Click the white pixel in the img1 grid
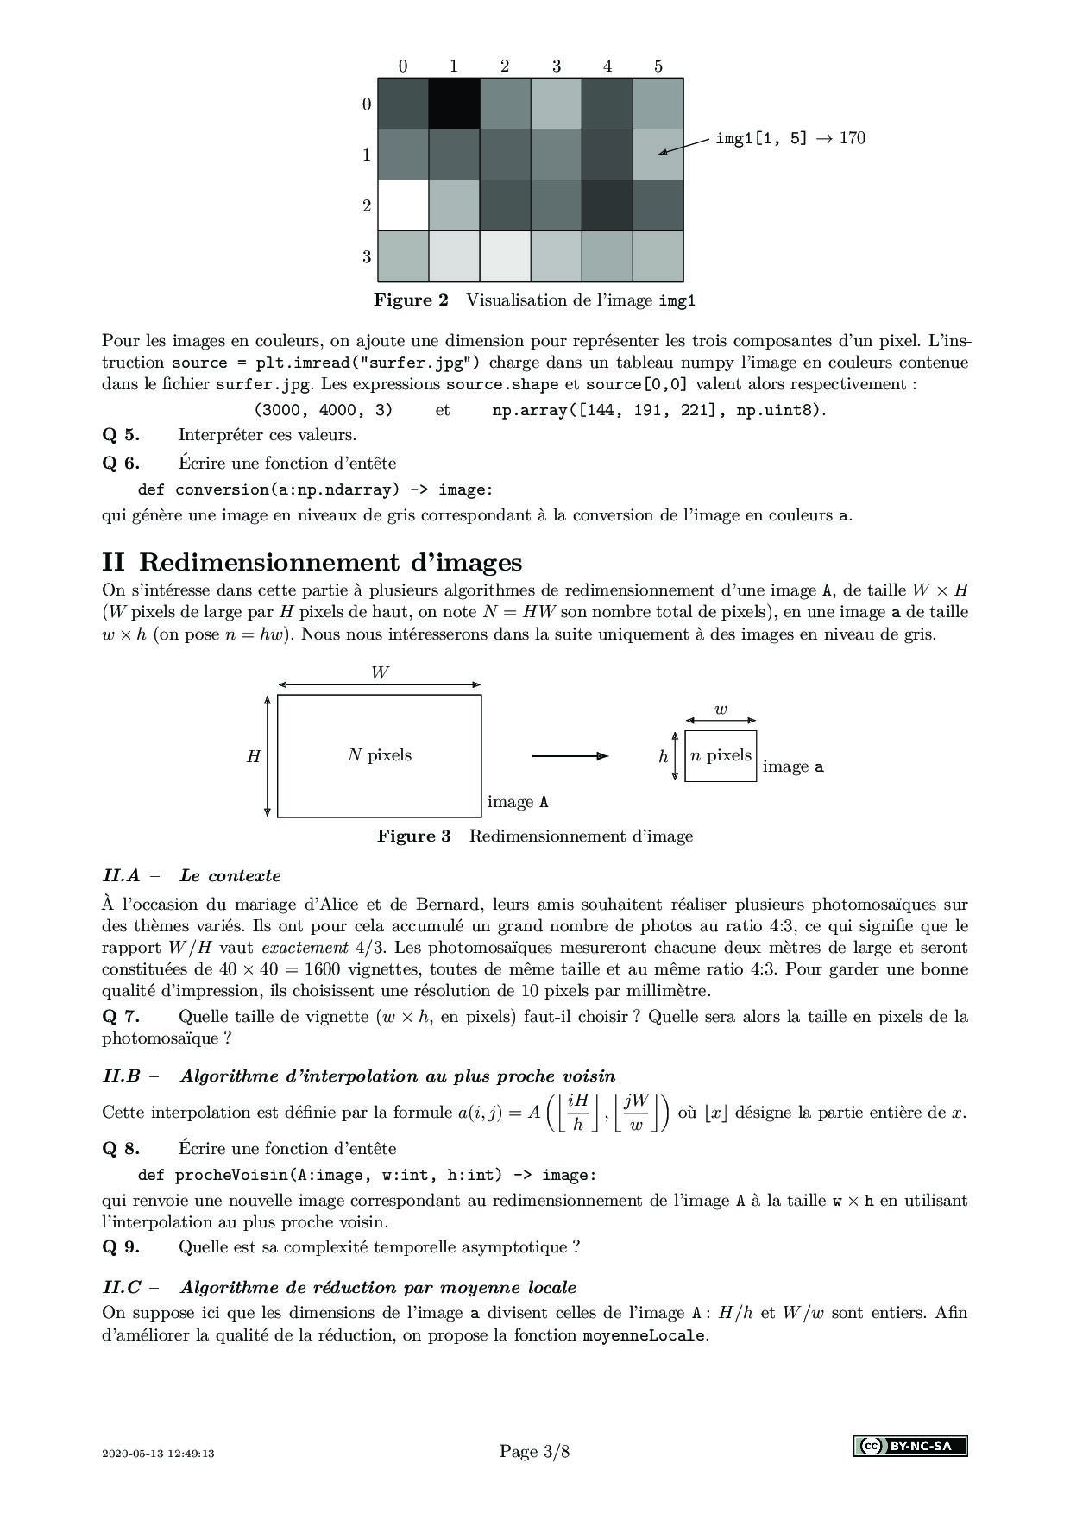403,205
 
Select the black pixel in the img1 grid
454,104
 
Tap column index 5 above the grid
658,66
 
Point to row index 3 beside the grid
367,256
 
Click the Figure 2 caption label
412,300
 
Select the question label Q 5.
121,435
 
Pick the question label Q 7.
121,1017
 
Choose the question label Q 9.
121,1247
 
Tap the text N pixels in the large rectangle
380,755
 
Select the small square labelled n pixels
721,756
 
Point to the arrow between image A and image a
570,756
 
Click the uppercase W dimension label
380,673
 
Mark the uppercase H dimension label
254,757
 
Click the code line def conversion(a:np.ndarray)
316,490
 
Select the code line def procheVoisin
367,1176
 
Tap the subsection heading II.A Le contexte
192,876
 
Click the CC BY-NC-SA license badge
910,1446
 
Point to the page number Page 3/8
534,1452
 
